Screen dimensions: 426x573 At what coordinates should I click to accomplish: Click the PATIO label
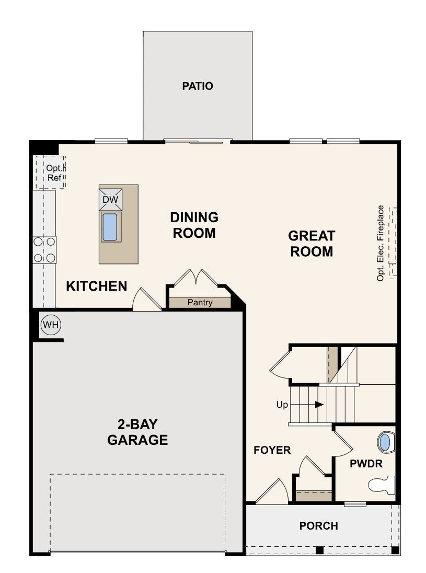tap(197, 86)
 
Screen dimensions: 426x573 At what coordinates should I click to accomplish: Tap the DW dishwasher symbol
tap(110, 199)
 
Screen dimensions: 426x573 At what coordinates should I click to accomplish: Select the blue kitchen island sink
tap(110, 227)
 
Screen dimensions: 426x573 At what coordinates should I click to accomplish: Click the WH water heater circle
tap(50, 325)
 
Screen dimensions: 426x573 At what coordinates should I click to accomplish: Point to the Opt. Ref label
tap(54, 173)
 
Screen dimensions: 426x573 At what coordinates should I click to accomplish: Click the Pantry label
tap(200, 303)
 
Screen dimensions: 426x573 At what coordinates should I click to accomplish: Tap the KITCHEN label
tap(97, 286)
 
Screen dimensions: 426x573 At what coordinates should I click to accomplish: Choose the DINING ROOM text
tap(194, 225)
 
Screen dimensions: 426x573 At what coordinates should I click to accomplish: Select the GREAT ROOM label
tap(312, 244)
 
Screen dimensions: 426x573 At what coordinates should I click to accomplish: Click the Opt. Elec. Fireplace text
tap(381, 243)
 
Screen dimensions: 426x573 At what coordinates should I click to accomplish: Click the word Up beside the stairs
tap(282, 405)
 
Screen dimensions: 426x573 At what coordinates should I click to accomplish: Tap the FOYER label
tap(272, 450)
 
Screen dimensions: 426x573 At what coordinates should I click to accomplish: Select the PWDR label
tap(366, 464)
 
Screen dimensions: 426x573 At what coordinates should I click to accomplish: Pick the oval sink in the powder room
tap(386, 442)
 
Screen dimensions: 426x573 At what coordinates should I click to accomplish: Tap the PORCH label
tap(319, 526)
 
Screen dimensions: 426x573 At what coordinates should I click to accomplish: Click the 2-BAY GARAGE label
tap(138, 432)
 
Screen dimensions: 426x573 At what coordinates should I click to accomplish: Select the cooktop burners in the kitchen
tap(44, 250)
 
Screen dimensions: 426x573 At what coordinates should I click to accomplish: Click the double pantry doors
tap(196, 277)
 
